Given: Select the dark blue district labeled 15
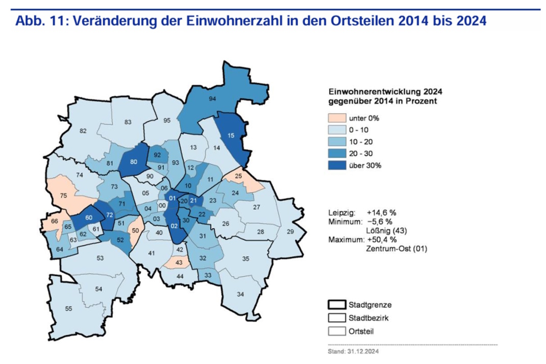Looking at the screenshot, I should [231, 135].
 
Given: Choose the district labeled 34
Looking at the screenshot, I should [240, 294].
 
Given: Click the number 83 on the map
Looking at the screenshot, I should [128, 122].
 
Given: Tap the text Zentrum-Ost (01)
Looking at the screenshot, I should [396, 249].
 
